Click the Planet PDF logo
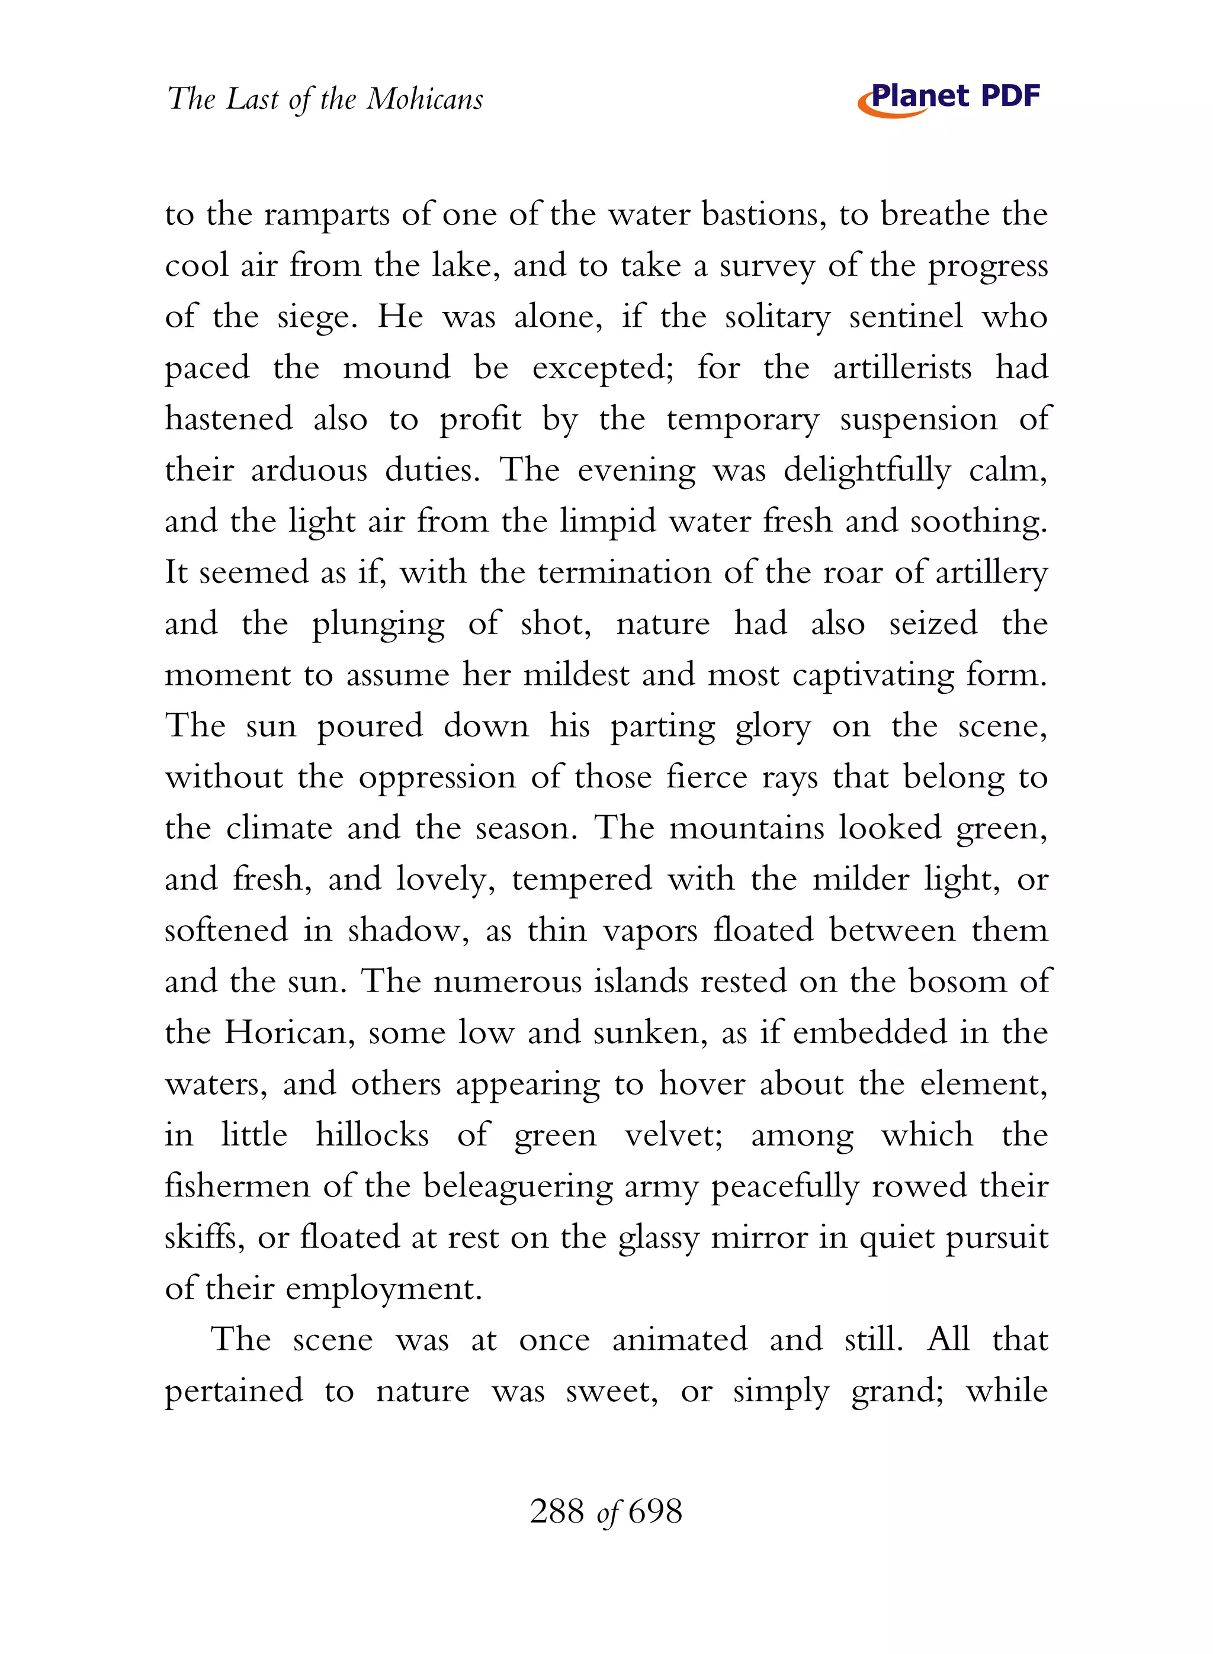[949, 98]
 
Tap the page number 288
[557, 1512]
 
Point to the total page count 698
[655, 1512]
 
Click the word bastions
[763, 214]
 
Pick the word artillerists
[901, 368]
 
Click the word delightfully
[867, 471]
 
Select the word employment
[383, 1289]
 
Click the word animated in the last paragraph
[680, 1340]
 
